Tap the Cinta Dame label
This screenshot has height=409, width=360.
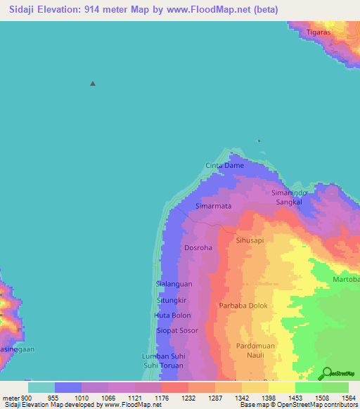224,166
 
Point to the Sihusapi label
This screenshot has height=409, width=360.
251,240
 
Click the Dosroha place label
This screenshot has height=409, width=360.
198,248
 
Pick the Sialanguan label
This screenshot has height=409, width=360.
173,284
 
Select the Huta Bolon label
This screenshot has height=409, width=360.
172,316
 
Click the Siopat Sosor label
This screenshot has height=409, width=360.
177,330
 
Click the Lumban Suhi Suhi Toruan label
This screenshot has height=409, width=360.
162,361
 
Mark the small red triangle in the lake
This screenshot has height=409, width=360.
93,84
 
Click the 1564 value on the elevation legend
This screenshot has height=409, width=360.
349,397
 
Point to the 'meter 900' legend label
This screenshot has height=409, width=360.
15,397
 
